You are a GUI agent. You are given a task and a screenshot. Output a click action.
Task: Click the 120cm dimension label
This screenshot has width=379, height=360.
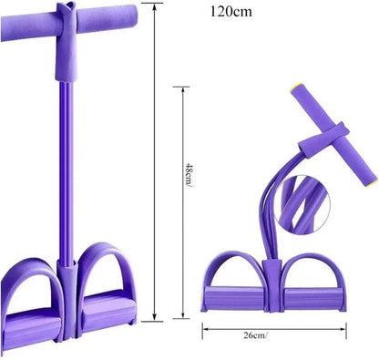(x=230, y=12)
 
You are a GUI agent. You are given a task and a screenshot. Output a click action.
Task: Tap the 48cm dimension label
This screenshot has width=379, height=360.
(x=189, y=176)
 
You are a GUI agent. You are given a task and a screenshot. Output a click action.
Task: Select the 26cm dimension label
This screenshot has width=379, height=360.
(x=255, y=335)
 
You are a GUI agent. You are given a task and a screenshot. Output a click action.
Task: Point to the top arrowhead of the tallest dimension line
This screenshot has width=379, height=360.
(x=154, y=7)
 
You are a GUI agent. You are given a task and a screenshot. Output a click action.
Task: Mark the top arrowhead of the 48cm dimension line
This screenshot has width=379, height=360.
(x=183, y=91)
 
